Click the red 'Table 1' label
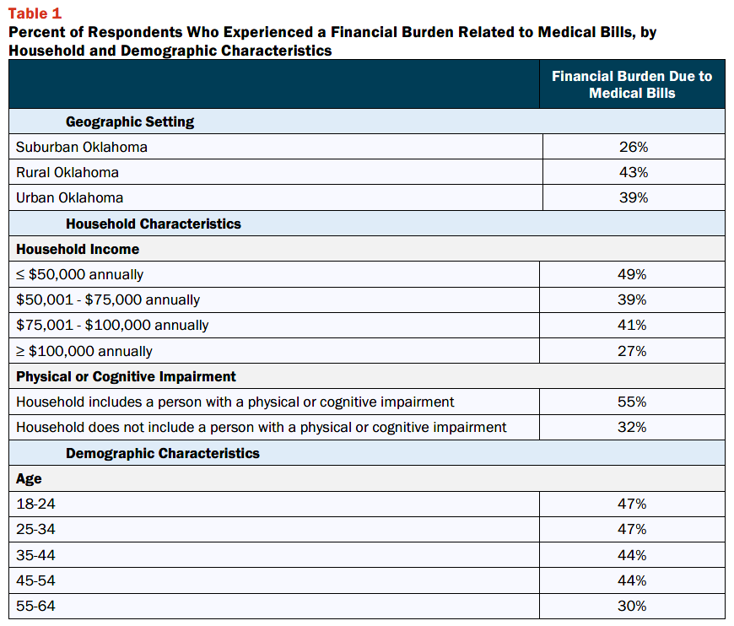pos(35,13)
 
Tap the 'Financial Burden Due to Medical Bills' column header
pos(632,84)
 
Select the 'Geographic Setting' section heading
pos(130,121)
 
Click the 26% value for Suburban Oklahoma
pos(634,147)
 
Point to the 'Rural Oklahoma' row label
pos(67,172)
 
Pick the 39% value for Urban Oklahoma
pos(634,197)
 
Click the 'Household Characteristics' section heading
pos(153,224)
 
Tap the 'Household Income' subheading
pos(78,249)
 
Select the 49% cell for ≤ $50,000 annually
pos(631,274)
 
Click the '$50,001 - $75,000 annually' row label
pos(108,300)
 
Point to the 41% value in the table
pos(631,325)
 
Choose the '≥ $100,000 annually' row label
pos(84,351)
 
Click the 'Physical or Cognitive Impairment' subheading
pos(126,376)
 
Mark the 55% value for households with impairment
pos(631,402)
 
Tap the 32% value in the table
pos(631,427)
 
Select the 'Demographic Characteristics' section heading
pos(163,453)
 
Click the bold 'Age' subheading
pos(29,479)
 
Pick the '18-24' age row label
pos(35,504)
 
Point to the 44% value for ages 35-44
pos(631,555)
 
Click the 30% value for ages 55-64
pos(631,606)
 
